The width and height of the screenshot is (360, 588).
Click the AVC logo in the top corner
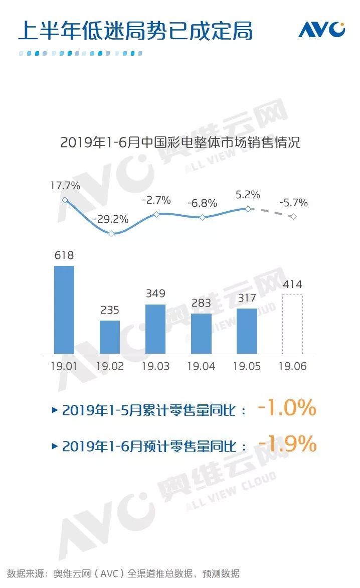[x=321, y=30]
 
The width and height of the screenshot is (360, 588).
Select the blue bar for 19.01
[x=64, y=310]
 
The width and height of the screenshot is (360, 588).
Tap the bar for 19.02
[x=110, y=337]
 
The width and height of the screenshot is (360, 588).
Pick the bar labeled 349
[x=155, y=329]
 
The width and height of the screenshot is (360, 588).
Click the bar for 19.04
[x=201, y=333]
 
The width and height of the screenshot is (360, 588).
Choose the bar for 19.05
[x=247, y=331]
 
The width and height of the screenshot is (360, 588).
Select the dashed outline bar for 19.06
[x=292, y=324]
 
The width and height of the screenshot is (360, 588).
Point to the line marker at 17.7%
[x=65, y=200]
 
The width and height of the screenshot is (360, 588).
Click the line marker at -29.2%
[x=111, y=233]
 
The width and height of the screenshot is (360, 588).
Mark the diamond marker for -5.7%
[x=293, y=216]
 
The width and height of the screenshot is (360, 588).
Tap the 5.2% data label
[x=248, y=194]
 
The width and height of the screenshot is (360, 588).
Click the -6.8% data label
[x=202, y=203]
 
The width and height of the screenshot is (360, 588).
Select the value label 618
[x=64, y=255]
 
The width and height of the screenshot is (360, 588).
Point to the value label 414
[x=292, y=284]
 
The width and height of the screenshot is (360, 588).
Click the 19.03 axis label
[x=155, y=366]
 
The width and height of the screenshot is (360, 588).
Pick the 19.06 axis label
[x=292, y=366]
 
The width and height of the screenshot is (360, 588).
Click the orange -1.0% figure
[x=287, y=408]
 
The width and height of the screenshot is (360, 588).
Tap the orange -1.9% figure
[x=287, y=444]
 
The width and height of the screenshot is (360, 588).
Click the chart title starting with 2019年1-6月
[x=180, y=142]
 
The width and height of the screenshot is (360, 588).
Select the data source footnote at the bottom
[x=123, y=573]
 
